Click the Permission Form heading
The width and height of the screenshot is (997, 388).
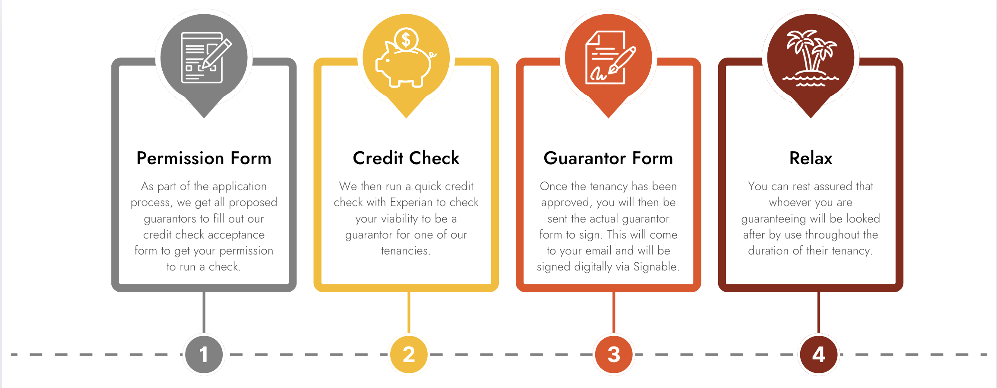tap(204, 158)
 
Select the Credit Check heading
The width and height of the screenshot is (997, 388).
tap(406, 158)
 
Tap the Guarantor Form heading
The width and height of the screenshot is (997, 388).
tap(608, 158)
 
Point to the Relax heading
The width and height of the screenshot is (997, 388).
tap(811, 158)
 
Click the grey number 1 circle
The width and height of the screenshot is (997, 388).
tap(204, 355)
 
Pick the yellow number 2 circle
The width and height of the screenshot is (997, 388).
tap(409, 355)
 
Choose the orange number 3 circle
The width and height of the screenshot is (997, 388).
tap(614, 355)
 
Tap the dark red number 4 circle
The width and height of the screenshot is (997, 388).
tap(819, 355)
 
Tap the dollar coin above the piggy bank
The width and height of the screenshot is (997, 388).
tap(406, 40)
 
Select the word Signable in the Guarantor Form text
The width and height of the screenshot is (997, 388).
tap(656, 267)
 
